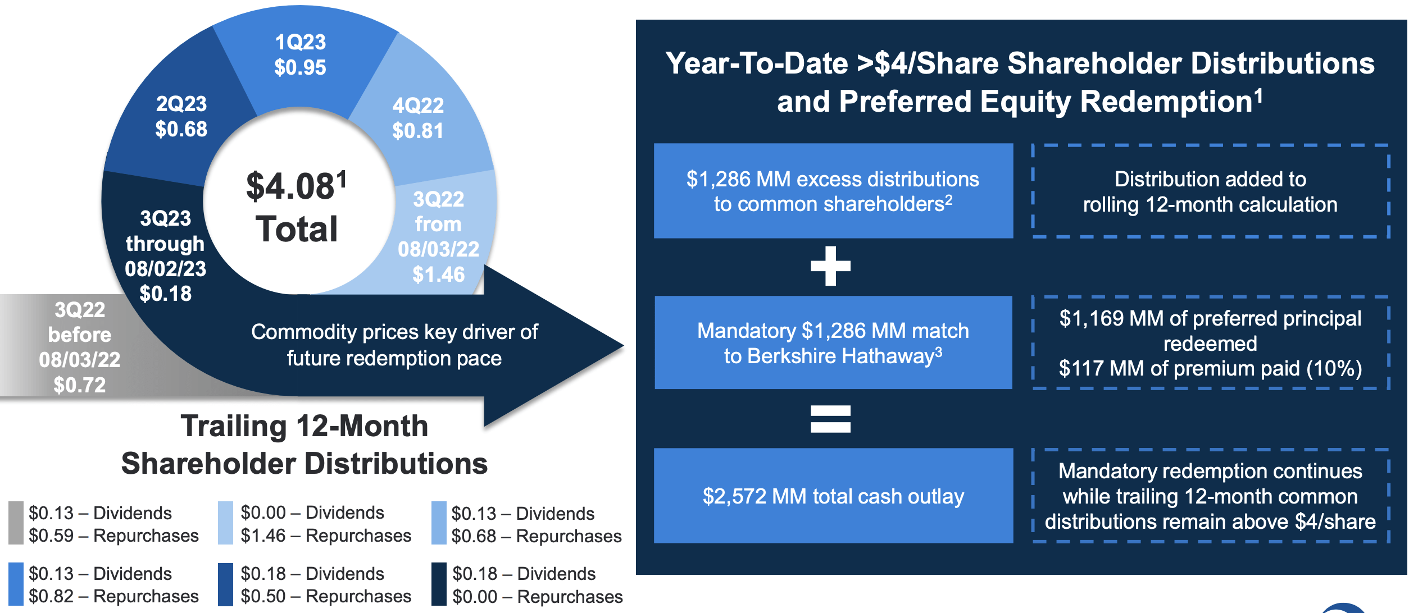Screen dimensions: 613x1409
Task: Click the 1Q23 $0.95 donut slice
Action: [x=301, y=56]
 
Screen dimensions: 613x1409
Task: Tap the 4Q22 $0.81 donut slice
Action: [x=419, y=118]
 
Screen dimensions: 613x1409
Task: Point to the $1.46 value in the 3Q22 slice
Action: [x=439, y=275]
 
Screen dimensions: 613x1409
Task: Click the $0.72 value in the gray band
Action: [x=79, y=385]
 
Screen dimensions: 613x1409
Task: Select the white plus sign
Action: [x=830, y=266]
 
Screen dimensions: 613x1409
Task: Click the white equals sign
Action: [x=830, y=419]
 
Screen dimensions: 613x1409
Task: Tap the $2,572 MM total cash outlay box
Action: [x=833, y=496]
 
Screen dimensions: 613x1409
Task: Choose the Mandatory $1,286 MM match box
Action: [x=833, y=342]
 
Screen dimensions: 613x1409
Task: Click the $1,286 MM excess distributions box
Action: [x=833, y=191]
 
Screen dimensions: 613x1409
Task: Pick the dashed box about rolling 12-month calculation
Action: [x=1210, y=191]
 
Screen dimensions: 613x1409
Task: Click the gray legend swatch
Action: [x=16, y=523]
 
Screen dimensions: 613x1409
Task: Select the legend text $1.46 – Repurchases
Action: [x=326, y=536]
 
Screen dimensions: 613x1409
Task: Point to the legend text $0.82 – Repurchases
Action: [x=113, y=596]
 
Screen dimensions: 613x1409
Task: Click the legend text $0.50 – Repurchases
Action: [x=326, y=596]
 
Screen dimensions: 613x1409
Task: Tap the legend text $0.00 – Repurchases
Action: [x=538, y=597]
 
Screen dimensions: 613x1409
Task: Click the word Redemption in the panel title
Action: [x=1166, y=102]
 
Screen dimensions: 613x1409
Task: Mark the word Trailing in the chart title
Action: [x=233, y=426]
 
